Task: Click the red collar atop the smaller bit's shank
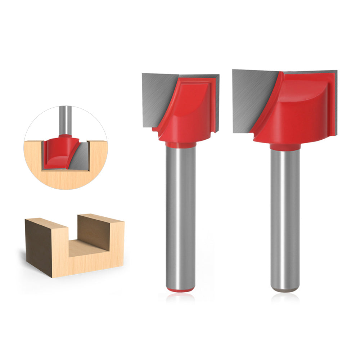(181, 145)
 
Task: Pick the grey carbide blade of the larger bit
(252, 97)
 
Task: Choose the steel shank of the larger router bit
(285, 216)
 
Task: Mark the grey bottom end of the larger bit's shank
(285, 289)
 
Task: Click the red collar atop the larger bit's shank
(285, 147)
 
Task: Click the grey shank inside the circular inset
(65, 119)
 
